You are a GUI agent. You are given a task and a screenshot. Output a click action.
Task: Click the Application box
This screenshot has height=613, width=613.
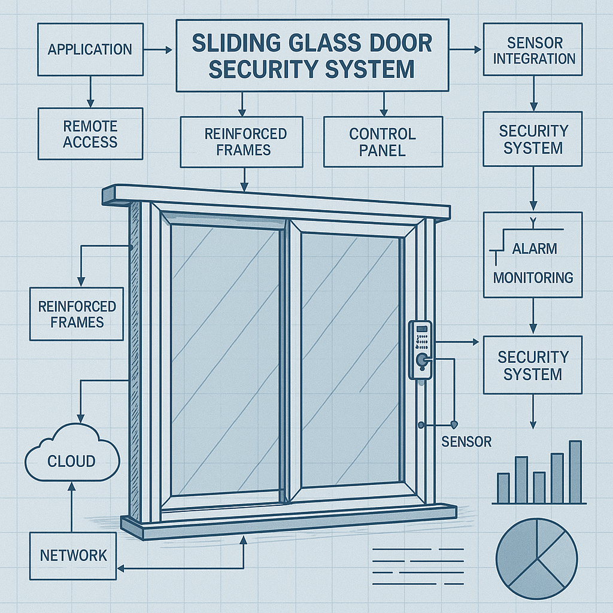[x=90, y=49]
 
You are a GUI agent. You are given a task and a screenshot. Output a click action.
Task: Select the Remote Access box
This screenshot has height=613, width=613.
[x=90, y=133]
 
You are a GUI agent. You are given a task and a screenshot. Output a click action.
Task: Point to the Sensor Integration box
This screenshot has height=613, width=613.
[x=533, y=49]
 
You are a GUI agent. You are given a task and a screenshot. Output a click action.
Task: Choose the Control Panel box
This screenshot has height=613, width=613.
[x=383, y=142]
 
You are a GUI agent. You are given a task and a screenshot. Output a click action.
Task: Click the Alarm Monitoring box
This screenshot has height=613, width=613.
[x=533, y=255]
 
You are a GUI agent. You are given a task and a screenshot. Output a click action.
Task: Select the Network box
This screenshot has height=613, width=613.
[x=73, y=556]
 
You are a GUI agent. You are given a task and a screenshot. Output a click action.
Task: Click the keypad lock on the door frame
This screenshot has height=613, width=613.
[x=420, y=350]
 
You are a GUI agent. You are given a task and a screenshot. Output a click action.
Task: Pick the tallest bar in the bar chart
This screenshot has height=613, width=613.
[x=575, y=472]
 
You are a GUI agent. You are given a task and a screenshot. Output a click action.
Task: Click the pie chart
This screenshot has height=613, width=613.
[x=537, y=559]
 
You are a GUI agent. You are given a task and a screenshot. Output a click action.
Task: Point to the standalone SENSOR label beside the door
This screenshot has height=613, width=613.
[x=466, y=442]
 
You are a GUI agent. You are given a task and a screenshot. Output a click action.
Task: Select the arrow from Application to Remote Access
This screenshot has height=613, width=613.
[x=90, y=92]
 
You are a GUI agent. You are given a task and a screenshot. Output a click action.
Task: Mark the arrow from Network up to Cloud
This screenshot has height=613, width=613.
[x=72, y=506]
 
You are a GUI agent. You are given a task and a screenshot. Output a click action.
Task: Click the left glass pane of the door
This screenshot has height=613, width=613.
[x=225, y=360]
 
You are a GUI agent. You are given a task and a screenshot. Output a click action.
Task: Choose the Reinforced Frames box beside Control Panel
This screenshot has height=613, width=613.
[x=242, y=142]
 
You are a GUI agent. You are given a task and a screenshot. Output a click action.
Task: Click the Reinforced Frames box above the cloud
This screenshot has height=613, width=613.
[x=77, y=314]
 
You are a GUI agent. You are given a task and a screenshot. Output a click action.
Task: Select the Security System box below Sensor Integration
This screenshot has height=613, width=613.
[x=533, y=139]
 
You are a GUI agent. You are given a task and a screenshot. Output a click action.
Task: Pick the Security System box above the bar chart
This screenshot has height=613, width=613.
[x=533, y=365]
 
